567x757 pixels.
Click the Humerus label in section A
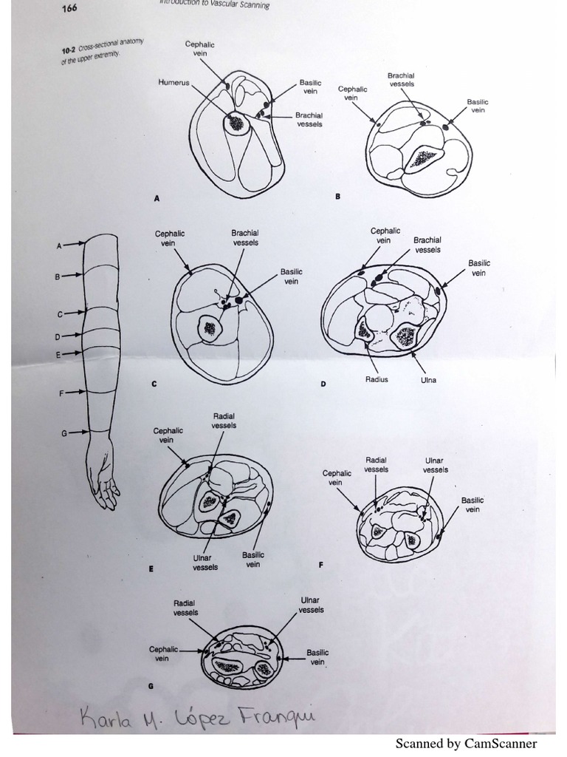174,83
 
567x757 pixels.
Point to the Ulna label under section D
428,379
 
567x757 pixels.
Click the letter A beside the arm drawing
58,245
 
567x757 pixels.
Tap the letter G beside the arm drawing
63,433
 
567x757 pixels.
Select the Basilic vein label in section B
478,106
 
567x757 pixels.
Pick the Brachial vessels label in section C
245,237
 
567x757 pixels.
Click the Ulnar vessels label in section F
436,465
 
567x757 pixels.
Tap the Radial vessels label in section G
186,608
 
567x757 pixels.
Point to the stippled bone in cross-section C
210,328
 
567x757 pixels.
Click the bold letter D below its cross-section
323,386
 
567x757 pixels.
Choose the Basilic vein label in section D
478,268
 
